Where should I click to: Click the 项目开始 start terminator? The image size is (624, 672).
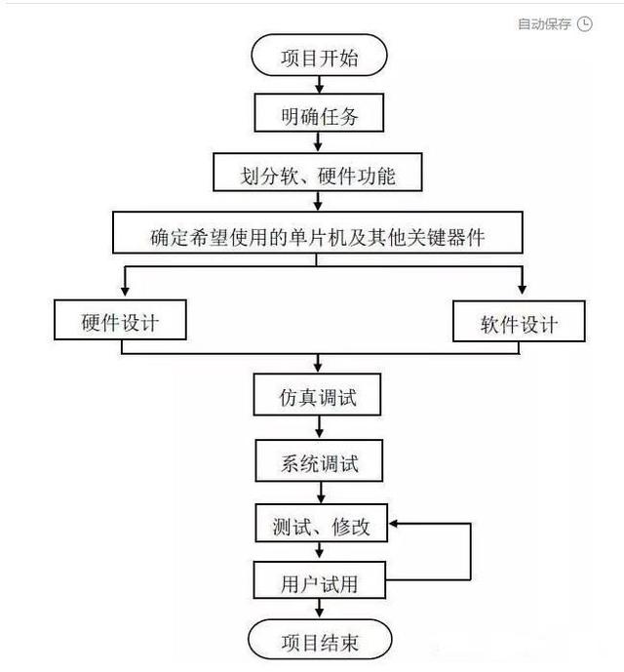(319, 56)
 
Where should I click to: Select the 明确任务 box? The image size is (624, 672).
(319, 113)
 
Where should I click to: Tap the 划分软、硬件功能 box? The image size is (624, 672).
(318, 173)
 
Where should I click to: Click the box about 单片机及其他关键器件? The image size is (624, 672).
(318, 233)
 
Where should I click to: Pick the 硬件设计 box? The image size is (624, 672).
(120, 320)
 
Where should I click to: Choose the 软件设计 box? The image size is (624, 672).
(519, 322)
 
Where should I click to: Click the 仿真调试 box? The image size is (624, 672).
(317, 395)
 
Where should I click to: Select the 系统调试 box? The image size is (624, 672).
(319, 460)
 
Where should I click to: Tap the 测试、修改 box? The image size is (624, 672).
(322, 524)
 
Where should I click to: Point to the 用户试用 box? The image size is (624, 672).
(320, 580)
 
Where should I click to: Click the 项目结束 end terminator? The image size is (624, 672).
(320, 640)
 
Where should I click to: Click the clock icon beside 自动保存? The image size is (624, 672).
(585, 23)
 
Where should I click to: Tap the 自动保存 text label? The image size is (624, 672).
(544, 24)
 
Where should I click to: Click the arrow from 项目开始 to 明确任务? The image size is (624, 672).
(319, 85)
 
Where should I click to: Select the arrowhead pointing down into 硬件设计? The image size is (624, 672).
(125, 291)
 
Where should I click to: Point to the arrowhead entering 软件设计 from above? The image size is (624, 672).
(522, 289)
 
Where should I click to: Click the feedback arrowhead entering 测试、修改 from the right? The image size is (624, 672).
(393, 524)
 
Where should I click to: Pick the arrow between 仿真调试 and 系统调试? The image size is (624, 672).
(319, 427)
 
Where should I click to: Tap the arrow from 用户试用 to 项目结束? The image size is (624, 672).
(319, 609)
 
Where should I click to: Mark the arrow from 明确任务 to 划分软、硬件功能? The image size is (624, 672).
(318, 141)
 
